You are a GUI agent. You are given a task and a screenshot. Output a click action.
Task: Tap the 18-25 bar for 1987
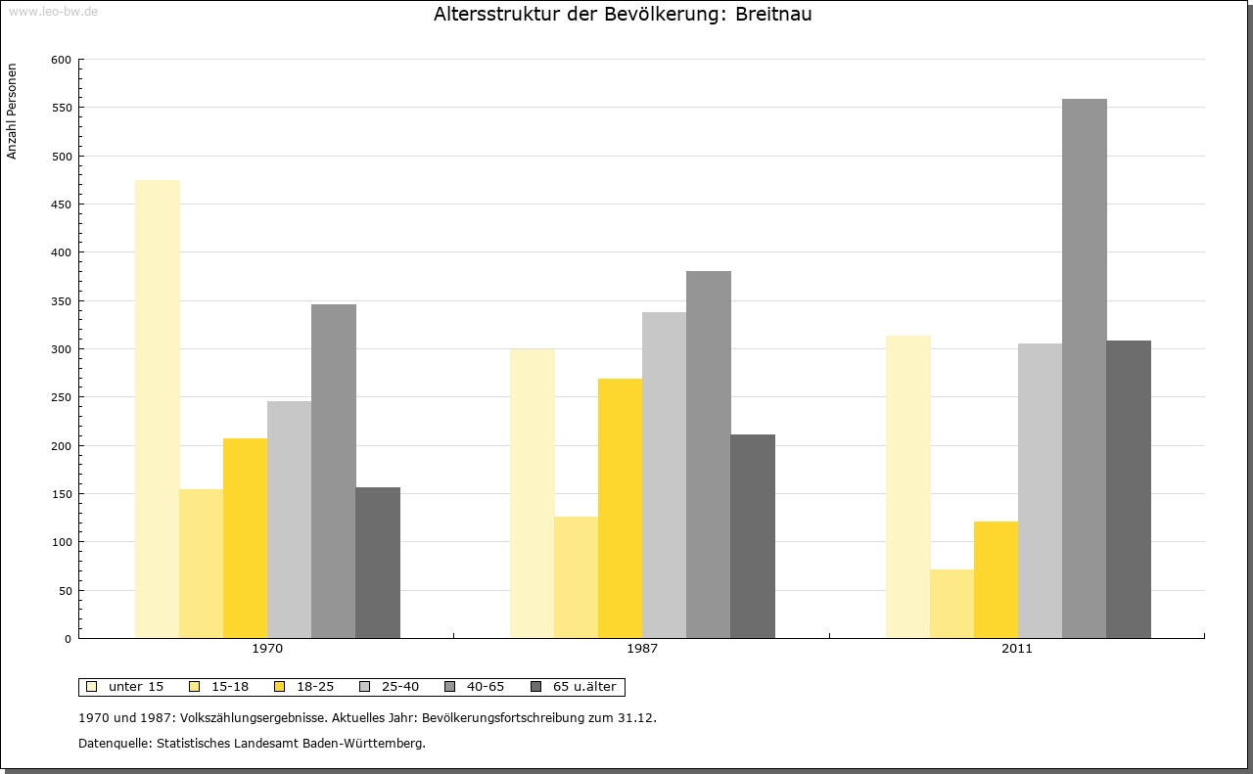620,508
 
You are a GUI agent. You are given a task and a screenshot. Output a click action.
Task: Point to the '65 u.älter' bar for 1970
378,563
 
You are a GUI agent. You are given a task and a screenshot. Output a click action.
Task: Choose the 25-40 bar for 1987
664,475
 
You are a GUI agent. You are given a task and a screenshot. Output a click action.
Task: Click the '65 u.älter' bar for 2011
1129,489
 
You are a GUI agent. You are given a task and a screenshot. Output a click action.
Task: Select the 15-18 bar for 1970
202,564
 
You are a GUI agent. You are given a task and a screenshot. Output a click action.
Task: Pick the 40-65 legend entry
477,687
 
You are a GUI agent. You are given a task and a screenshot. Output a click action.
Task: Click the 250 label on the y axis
62,397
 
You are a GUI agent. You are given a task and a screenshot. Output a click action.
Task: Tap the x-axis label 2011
1016,649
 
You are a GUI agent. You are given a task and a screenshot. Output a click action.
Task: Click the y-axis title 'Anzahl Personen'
13,111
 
